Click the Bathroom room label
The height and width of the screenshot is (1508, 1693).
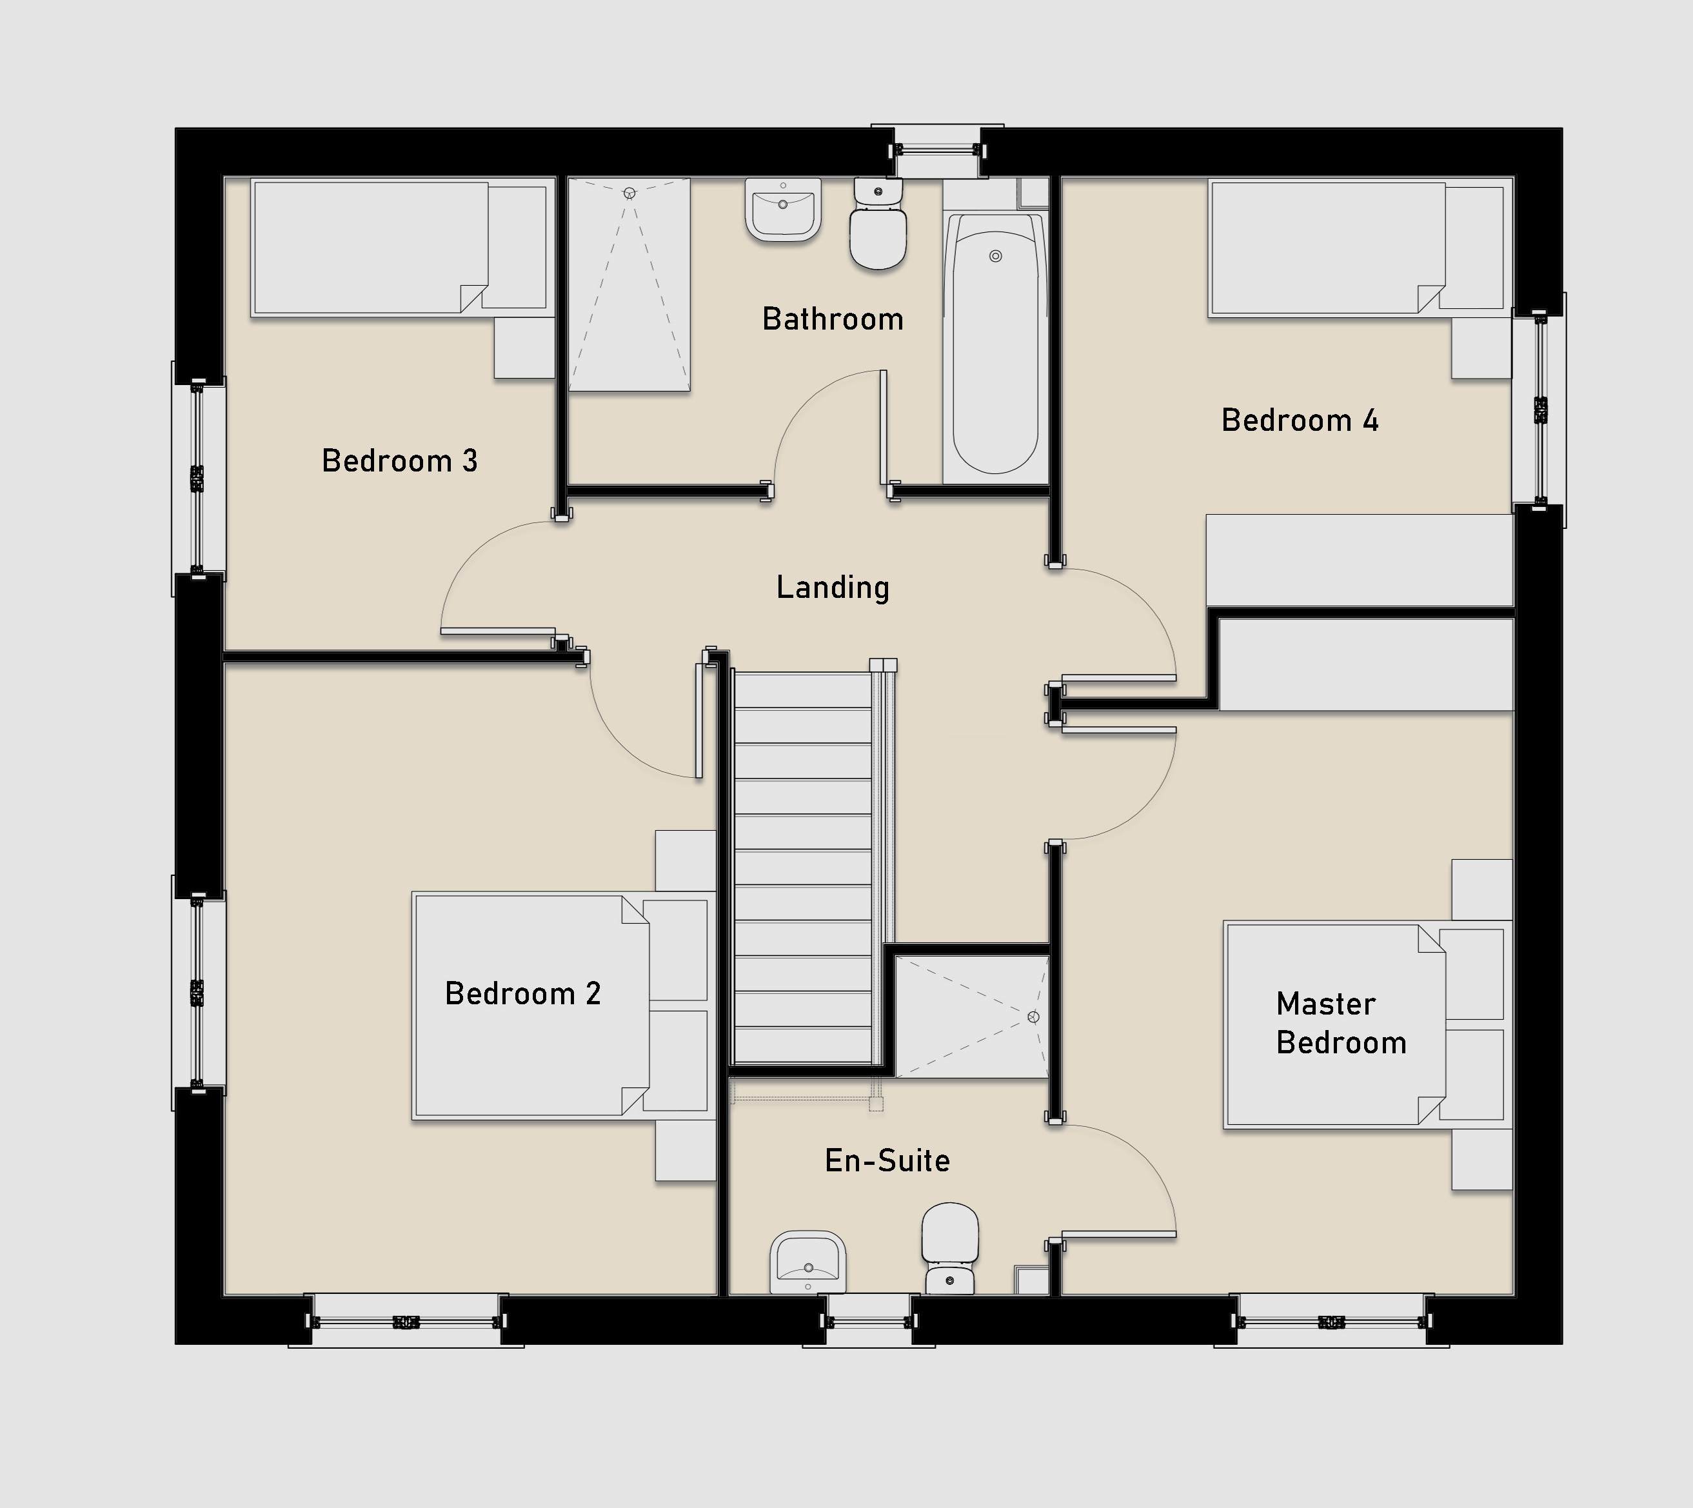click(833, 319)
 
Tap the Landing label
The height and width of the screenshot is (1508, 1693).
click(833, 588)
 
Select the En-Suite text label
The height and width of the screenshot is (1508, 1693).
click(887, 1161)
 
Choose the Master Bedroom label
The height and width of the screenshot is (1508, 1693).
click(1342, 1023)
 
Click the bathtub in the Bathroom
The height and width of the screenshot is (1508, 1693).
click(995, 344)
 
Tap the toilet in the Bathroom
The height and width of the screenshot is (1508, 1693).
click(878, 224)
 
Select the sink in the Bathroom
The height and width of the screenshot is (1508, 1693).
click(783, 210)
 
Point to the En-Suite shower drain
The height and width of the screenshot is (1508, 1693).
click(1033, 1017)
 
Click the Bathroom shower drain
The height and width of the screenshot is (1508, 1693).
click(629, 193)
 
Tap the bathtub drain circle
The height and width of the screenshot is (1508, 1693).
click(995, 256)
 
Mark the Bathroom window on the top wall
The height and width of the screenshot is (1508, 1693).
click(938, 151)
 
